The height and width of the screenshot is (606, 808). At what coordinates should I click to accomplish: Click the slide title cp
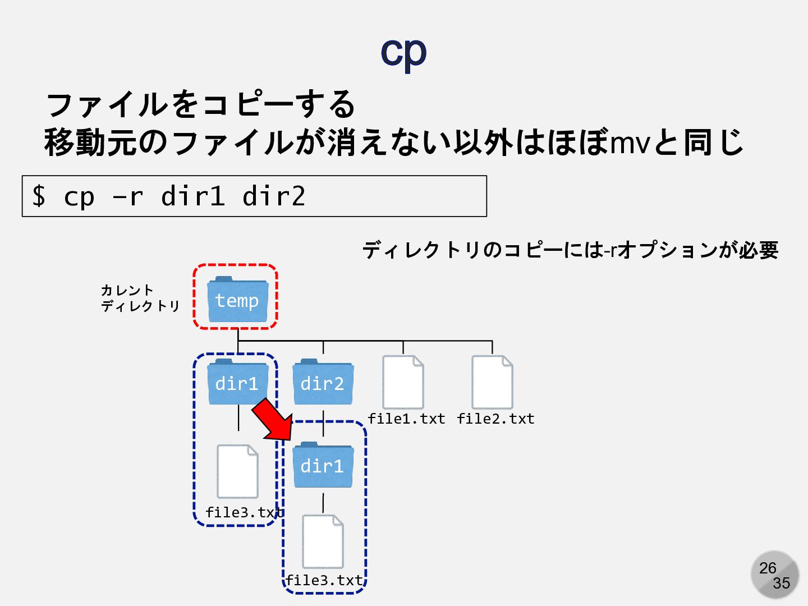point(403,52)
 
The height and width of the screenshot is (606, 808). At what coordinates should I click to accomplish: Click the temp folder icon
point(237,300)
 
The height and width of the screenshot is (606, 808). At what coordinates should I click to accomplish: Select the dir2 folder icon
point(323,383)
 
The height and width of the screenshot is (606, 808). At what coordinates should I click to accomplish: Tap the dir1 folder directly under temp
point(237,383)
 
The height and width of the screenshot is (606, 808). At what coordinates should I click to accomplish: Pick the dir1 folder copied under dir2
point(323,466)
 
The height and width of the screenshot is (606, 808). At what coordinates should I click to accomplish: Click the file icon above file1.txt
point(403,382)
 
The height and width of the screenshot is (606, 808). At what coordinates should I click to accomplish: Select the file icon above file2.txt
point(492,382)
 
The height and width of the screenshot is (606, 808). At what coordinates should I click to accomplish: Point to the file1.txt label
point(406,419)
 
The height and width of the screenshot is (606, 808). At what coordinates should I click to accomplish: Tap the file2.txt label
point(495,419)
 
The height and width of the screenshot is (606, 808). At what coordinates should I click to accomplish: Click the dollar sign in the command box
point(39,196)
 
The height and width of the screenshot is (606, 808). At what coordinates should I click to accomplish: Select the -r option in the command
point(128,196)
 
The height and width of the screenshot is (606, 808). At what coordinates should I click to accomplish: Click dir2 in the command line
point(274,196)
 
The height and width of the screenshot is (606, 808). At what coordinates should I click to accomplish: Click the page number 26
point(768,568)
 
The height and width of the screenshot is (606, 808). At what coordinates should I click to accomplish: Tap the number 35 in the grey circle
point(781,583)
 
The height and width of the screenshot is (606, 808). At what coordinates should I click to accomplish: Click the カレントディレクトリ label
point(140,298)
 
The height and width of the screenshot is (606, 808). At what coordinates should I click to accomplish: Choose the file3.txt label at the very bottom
point(324,580)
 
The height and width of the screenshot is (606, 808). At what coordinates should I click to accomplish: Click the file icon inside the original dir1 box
point(237,471)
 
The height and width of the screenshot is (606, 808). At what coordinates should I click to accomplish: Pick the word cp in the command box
point(79,196)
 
